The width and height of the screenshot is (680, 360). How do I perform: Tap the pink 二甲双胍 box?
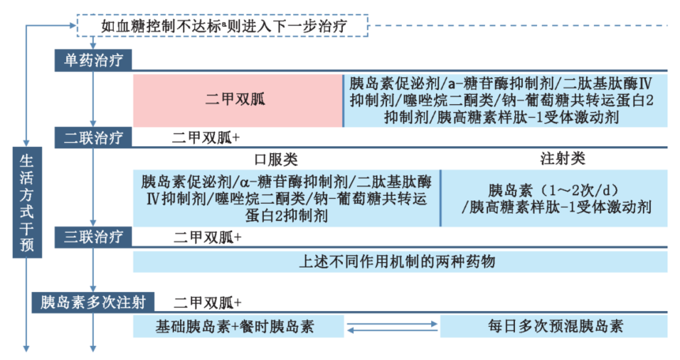coord(237,99)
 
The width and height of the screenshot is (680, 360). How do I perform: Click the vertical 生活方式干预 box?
coord(27,201)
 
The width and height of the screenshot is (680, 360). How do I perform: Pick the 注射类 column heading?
coord(562,159)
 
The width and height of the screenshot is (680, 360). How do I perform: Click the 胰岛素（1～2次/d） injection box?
coord(556,198)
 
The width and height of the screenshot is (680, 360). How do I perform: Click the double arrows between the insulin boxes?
coord(393,327)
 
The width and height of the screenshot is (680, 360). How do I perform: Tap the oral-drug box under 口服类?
coord(286,198)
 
